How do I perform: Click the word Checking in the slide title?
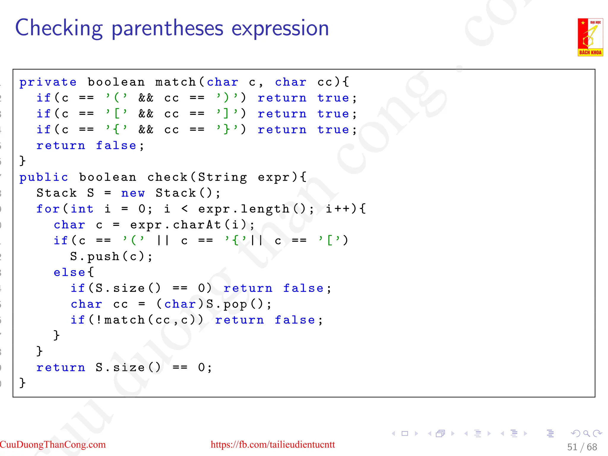click(59, 28)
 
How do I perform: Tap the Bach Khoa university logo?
click(590, 37)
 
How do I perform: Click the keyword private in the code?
click(48, 82)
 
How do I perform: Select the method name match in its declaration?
click(175, 82)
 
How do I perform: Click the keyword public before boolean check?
click(44, 178)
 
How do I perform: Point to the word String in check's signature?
click(222, 178)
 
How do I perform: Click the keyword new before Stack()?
click(133, 193)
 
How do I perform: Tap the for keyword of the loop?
click(48, 209)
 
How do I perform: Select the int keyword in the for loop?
click(82, 209)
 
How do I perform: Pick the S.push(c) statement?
click(111, 256)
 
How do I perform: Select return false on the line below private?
click(86, 145)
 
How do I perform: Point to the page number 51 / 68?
click(582, 447)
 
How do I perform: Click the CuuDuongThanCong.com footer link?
click(53, 444)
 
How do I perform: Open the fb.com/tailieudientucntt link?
click(273, 444)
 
